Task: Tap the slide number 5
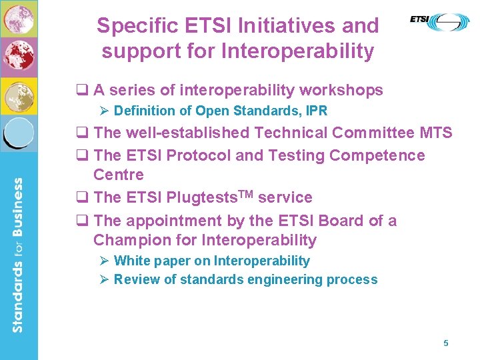446,343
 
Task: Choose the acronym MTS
436,133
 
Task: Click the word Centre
119,175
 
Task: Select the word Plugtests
199,198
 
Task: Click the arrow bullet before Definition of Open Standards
103,111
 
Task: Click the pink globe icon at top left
19,17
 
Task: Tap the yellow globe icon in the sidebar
19,97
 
